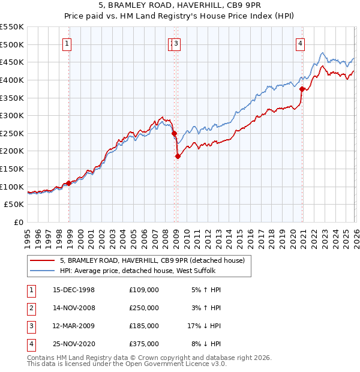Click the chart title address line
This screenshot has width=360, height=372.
tap(180, 5)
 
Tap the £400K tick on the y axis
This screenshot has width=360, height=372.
tap(12, 80)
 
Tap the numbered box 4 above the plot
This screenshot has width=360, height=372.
tap(299, 43)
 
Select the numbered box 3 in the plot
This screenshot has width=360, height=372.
tap(178, 43)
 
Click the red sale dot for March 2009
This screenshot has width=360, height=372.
tap(178, 157)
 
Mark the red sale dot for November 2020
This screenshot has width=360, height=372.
tap(302, 89)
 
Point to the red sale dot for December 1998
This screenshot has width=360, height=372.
tap(69, 184)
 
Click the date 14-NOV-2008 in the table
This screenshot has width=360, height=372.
tap(74, 308)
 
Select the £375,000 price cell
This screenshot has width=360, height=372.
tap(144, 344)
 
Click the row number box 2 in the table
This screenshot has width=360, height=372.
tap(29, 308)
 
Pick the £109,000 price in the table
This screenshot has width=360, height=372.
tap(144, 290)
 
